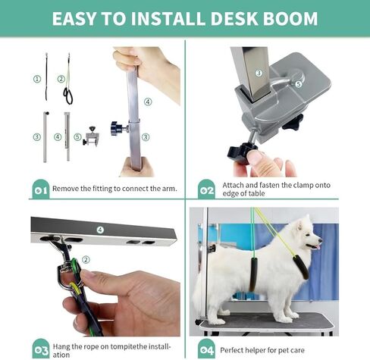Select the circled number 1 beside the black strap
coord(36,77)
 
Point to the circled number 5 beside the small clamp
coord(79,137)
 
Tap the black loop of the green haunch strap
coord(68,95)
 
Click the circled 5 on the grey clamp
coord(299,84)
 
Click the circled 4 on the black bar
coord(99,229)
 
